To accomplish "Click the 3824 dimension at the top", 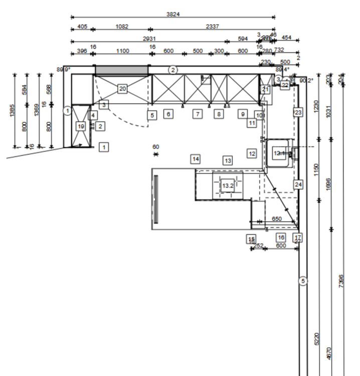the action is coord(173,14).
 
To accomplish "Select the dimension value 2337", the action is coord(213,27).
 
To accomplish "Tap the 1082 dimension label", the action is coord(121,27).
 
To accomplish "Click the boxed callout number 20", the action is coord(122,89).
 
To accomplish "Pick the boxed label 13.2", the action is coord(228,185).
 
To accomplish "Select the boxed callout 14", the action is coord(196,159).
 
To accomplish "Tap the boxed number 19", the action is coord(81,126).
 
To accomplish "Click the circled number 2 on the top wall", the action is coord(173,70).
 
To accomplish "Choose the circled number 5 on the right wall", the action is coord(303,281).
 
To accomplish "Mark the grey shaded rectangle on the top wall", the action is coord(122,70).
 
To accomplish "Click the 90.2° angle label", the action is coord(306,80).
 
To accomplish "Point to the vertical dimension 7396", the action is coord(341,281).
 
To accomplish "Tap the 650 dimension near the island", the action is coord(276,219).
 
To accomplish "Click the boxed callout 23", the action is coord(298,112).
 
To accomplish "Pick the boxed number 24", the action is coord(298,184).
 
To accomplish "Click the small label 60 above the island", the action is coord(156,147).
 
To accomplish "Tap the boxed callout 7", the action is coord(198,114).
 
